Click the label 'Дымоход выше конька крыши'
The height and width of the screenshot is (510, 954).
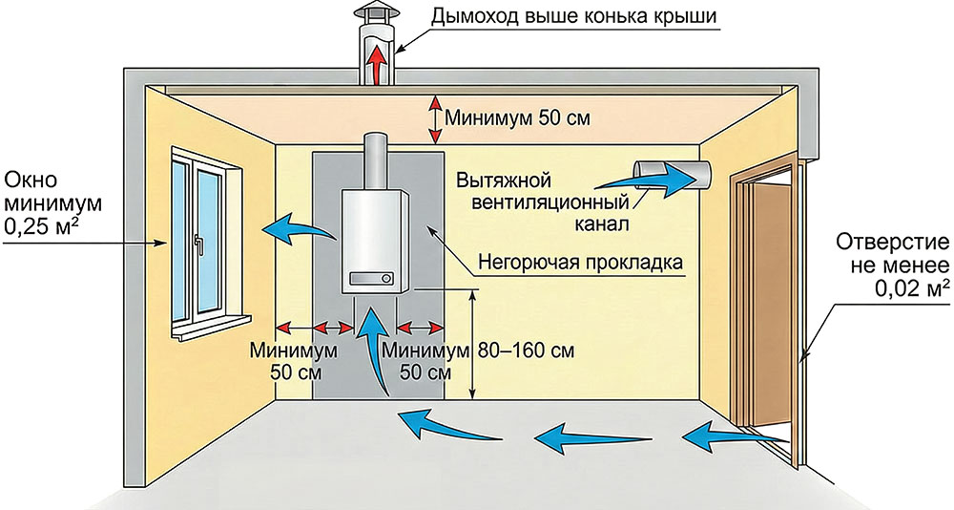[x=567, y=16]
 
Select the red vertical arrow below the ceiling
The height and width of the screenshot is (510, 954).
[x=435, y=117]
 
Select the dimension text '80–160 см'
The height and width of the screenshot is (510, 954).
[x=529, y=350]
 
